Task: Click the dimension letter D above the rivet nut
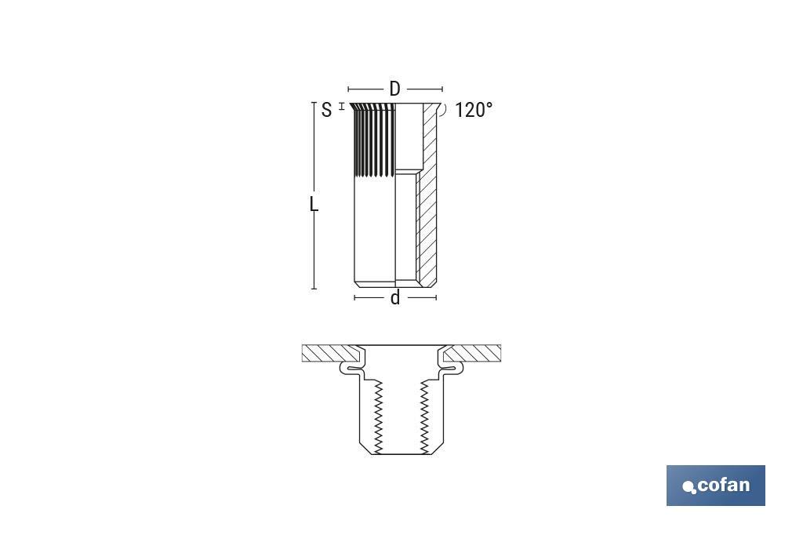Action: click(x=394, y=89)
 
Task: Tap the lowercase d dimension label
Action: click(x=395, y=298)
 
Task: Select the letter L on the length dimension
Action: click(x=314, y=205)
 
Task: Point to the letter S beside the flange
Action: click(x=326, y=110)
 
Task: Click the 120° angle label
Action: click(x=474, y=110)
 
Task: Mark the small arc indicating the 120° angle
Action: click(x=444, y=110)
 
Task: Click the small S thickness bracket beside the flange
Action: click(x=342, y=105)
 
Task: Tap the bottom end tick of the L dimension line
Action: click(x=314, y=289)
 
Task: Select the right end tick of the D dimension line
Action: click(x=442, y=89)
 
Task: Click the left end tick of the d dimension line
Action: click(x=354, y=298)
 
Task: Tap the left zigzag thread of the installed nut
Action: click(x=378, y=416)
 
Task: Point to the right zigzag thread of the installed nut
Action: click(x=425, y=416)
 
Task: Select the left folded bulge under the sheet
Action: click(x=351, y=366)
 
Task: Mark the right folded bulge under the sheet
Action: click(x=452, y=366)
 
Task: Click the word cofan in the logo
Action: click(x=723, y=485)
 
